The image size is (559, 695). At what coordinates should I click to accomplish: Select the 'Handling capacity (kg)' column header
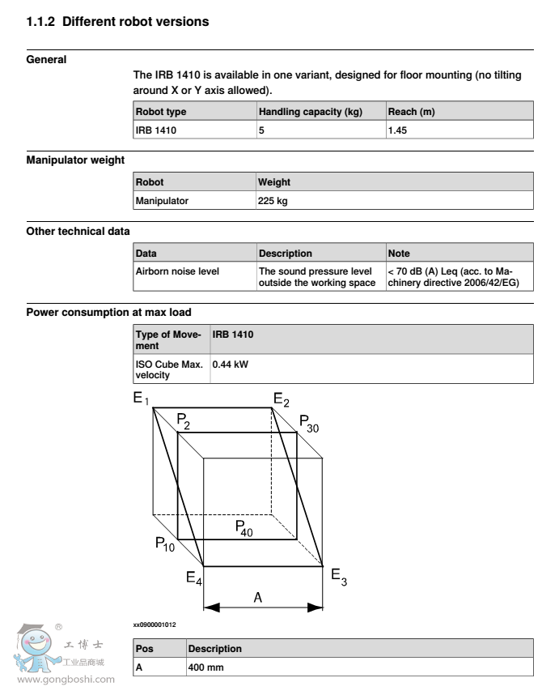point(299,112)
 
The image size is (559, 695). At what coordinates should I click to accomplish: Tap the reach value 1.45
point(396,130)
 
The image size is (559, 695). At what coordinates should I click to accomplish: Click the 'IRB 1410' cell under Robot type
point(155,130)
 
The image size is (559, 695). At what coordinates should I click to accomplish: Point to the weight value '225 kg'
point(273,201)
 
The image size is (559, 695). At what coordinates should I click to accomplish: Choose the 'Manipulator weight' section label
point(75,160)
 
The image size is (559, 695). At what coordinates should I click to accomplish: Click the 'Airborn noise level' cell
point(177,271)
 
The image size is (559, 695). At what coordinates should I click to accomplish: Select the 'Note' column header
point(399,254)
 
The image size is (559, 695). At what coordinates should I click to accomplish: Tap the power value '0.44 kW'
point(230,365)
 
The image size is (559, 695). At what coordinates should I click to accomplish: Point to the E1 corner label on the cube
point(142,399)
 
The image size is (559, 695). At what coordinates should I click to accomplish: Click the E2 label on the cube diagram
point(281,399)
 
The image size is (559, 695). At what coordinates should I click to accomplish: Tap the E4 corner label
point(194,578)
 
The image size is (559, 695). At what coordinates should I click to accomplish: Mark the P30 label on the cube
point(308,423)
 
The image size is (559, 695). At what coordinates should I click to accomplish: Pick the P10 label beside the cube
point(166,544)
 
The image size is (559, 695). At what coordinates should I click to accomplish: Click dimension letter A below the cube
point(258,598)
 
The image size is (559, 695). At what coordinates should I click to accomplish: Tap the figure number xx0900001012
point(155,625)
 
